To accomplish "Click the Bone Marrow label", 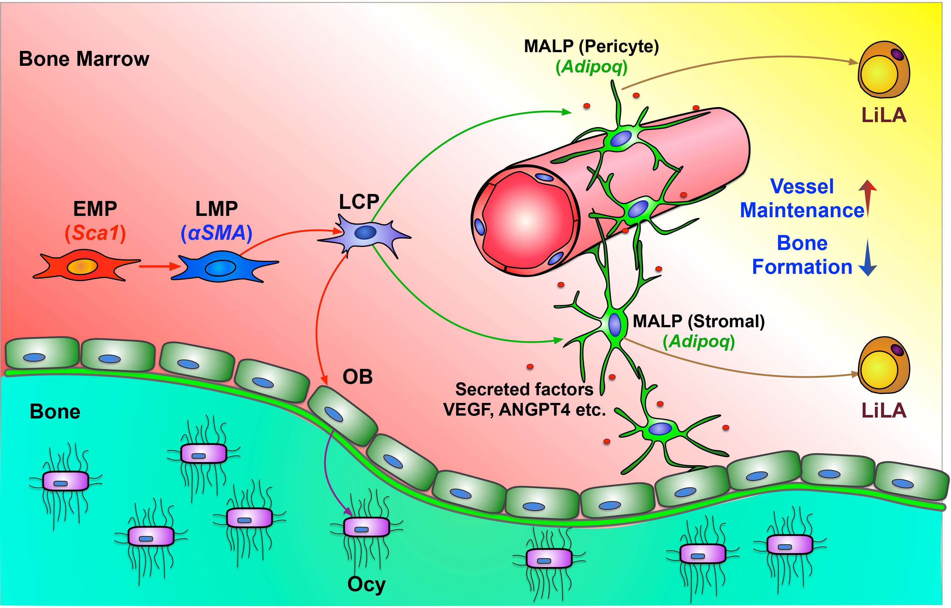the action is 84,59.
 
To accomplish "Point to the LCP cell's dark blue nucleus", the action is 365,232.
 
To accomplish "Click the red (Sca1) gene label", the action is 95,233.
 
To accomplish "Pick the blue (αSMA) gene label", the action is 216,233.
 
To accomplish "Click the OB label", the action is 357,377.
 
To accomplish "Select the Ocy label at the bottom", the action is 366,585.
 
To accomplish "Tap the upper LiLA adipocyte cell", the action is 884,70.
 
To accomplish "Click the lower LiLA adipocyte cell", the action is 884,365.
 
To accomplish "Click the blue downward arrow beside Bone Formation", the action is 868,258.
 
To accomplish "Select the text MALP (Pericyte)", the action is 591,46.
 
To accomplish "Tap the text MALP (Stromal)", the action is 699,321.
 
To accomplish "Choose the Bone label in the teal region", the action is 55,412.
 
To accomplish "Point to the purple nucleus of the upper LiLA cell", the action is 897,54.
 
